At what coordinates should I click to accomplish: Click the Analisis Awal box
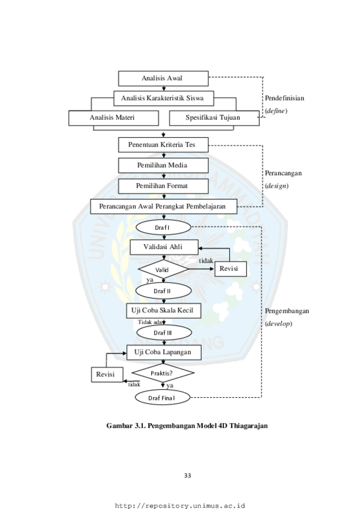163,79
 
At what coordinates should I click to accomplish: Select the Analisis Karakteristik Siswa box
163,99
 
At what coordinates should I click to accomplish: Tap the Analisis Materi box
114,118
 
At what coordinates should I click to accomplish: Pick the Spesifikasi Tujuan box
214,118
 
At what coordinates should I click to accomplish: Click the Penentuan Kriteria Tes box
163,145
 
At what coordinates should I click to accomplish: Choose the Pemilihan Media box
163,166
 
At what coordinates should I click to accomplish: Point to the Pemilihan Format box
163,186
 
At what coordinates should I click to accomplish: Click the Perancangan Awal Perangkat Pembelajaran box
163,207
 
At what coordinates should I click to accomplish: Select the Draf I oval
163,228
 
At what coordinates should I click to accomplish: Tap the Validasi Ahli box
164,247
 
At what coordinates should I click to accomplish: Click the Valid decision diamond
163,269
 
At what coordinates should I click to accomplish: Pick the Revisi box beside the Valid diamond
231,269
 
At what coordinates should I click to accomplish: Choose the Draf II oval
163,291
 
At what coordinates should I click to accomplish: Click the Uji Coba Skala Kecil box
163,311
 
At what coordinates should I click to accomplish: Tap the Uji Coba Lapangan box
164,352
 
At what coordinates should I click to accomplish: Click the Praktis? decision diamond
163,373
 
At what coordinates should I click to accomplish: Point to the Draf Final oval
163,398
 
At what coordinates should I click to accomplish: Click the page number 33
187,476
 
